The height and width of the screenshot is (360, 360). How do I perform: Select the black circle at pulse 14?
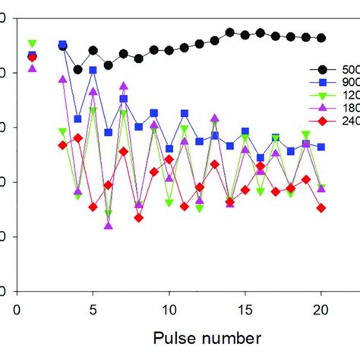229,33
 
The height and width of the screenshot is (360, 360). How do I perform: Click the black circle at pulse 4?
77,69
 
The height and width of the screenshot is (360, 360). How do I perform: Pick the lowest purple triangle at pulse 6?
108,225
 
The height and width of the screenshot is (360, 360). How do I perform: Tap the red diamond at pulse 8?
138,217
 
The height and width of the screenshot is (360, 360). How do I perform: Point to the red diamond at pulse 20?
321,207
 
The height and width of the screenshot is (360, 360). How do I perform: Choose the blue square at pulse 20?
321,147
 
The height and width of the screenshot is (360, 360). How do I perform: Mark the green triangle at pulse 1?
32,43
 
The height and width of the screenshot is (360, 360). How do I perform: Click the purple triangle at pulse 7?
123,86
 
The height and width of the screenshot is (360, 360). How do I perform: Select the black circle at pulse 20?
321,38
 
